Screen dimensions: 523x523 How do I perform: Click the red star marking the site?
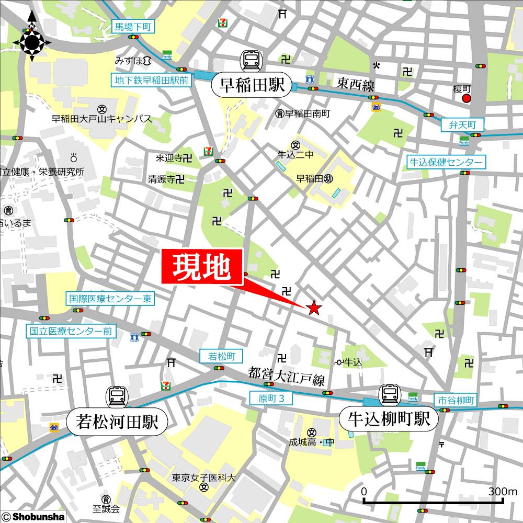pyautogui.click(x=313, y=308)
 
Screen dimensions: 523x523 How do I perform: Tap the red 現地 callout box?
pyautogui.click(x=202, y=267)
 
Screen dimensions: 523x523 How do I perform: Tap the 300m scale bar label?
pyautogui.click(x=503, y=492)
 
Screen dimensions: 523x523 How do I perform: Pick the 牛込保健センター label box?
pyautogui.click(x=446, y=162)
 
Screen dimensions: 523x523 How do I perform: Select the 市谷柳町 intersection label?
pyautogui.click(x=455, y=401)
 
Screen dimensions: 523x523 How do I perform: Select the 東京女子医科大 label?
pyautogui.click(x=204, y=477)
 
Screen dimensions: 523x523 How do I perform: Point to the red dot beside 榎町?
pyautogui.click(x=467, y=98)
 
